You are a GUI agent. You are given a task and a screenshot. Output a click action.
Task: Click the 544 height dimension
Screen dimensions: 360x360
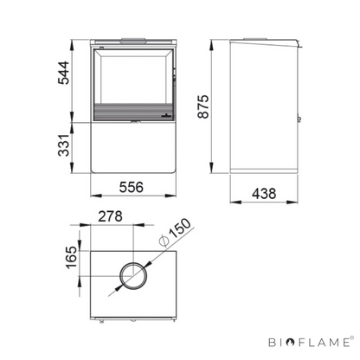pos(64,73)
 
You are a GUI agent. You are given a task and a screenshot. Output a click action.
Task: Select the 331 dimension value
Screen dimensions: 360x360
pos(64,145)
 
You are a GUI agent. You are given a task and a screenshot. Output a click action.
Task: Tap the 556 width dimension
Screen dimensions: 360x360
pos(132,187)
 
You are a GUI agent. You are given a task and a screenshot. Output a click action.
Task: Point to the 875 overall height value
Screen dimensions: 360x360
pos(203,106)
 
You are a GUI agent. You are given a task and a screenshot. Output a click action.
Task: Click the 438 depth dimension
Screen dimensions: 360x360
pos(264,194)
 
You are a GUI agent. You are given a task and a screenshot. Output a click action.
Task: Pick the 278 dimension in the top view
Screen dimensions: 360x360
pos(110,216)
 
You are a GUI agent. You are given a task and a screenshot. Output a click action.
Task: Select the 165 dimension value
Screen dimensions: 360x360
pos(72,258)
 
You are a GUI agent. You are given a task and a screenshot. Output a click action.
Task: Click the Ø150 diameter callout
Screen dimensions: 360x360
pos(175,233)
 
